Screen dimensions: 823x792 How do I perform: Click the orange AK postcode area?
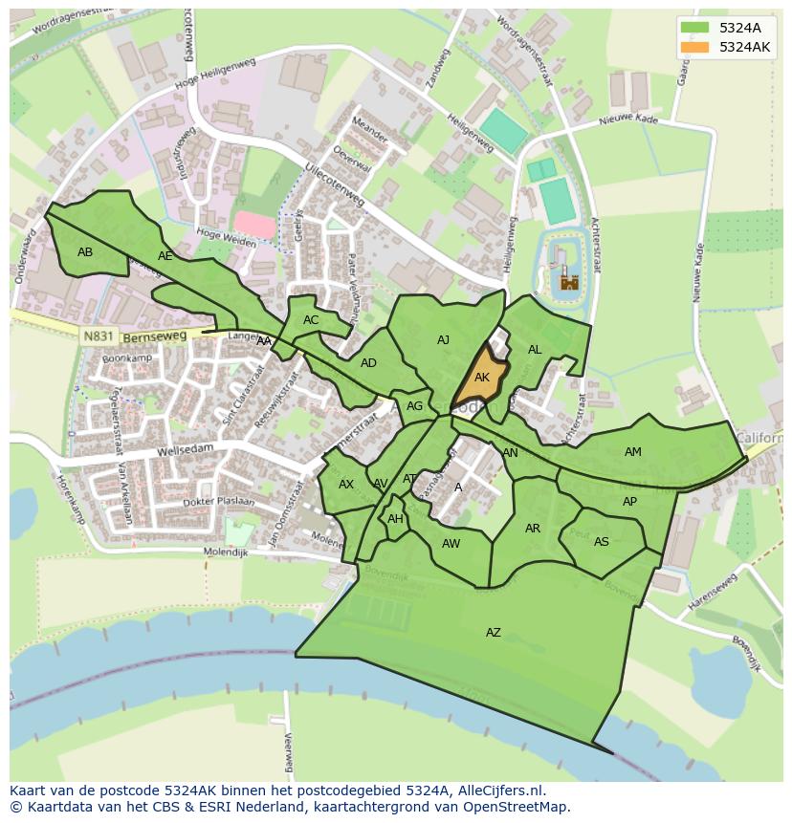[481, 378]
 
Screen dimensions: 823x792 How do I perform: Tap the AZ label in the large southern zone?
[493, 633]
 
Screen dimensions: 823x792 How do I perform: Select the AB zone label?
[85, 252]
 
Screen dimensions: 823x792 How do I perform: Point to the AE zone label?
[165, 256]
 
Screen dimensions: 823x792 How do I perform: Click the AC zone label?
[311, 320]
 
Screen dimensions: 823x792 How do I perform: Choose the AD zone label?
[368, 363]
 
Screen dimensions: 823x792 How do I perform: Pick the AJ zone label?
[443, 340]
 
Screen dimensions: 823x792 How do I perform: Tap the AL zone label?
[535, 350]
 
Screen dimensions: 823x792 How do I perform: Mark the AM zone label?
[632, 452]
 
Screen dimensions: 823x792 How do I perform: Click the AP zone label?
[629, 502]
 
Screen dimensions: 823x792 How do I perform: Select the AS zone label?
[601, 542]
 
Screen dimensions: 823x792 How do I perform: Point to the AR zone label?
[533, 529]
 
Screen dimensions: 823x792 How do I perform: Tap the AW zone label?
[451, 544]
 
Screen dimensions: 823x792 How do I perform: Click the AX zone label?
[346, 485]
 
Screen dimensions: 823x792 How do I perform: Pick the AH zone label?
[395, 519]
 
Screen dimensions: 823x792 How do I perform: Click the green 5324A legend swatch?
[695, 28]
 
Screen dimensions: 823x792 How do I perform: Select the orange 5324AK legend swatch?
[695, 47]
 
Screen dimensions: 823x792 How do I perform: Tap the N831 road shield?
[97, 336]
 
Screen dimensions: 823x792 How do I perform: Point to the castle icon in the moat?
[570, 281]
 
